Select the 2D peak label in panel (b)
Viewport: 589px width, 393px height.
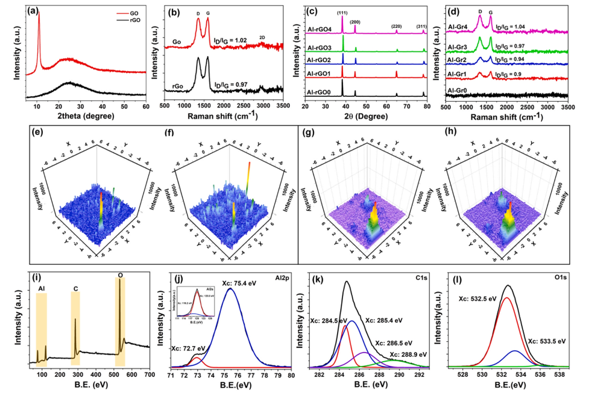pos(261,37)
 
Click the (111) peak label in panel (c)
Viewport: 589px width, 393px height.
pos(342,11)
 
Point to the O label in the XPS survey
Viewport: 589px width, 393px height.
pos(119,275)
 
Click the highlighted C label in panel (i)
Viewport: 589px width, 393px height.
pos(75,288)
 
